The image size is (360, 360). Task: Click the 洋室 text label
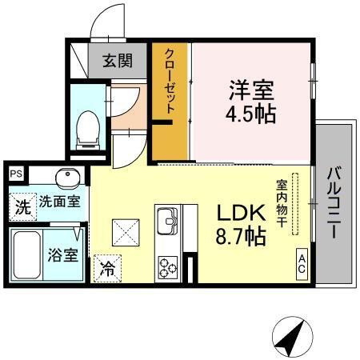(x=252, y=86)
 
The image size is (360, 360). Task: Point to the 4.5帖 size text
(x=251, y=113)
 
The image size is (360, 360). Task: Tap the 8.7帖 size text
(x=240, y=236)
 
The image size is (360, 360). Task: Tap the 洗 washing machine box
(x=23, y=207)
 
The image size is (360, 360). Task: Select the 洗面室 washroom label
(x=59, y=202)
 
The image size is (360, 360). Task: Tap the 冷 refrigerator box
(x=106, y=270)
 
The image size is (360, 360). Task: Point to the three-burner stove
(x=169, y=266)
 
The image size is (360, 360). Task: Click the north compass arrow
(x=291, y=336)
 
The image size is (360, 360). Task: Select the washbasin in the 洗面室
(x=65, y=176)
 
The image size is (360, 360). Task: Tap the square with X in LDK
(x=126, y=234)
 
